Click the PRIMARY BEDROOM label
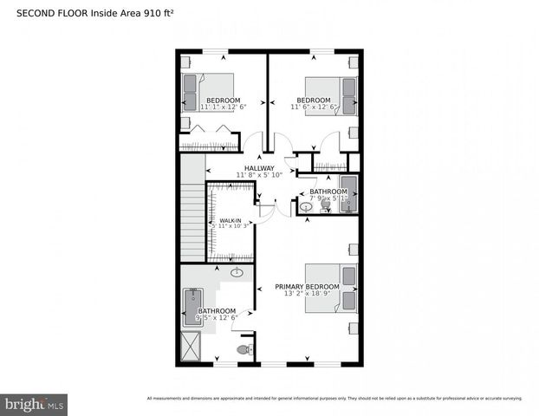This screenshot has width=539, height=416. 307,286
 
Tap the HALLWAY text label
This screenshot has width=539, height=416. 259,168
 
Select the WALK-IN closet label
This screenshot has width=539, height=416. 230,221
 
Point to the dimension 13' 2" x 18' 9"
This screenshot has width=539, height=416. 307,294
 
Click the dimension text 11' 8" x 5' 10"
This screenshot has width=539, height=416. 259,175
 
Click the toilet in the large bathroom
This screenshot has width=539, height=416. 244,350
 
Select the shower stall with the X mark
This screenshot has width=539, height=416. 190,348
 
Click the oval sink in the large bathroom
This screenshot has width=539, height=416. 236,272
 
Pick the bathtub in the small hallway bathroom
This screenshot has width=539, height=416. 347,192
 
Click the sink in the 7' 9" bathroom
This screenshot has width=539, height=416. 306,206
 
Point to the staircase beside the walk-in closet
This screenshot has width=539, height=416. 192,217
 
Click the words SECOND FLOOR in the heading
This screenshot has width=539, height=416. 53,13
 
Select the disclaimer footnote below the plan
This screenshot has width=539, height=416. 334,399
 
